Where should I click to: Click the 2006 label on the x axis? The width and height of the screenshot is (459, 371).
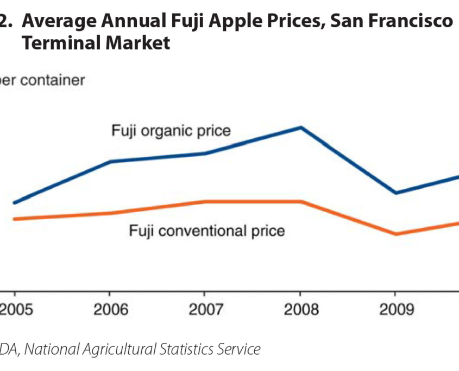tap(111, 310)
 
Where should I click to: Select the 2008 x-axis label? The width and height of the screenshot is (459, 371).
tap(301, 310)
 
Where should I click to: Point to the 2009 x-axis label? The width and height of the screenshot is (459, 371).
tap(396, 310)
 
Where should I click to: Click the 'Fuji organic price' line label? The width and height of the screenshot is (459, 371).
tap(171, 131)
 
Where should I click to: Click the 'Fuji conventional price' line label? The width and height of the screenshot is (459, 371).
tap(206, 231)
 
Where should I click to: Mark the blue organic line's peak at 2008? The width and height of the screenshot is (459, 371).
tap(301, 127)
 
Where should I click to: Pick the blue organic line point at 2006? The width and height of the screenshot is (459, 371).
tap(111, 162)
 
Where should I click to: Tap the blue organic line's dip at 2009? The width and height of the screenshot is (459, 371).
tap(396, 193)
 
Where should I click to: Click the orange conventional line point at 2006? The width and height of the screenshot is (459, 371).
tap(111, 213)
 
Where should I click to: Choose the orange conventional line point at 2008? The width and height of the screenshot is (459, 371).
tap(301, 201)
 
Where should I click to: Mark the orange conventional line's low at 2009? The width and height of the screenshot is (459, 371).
tap(396, 234)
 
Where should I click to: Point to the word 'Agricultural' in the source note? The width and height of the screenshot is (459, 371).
tap(129, 349)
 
